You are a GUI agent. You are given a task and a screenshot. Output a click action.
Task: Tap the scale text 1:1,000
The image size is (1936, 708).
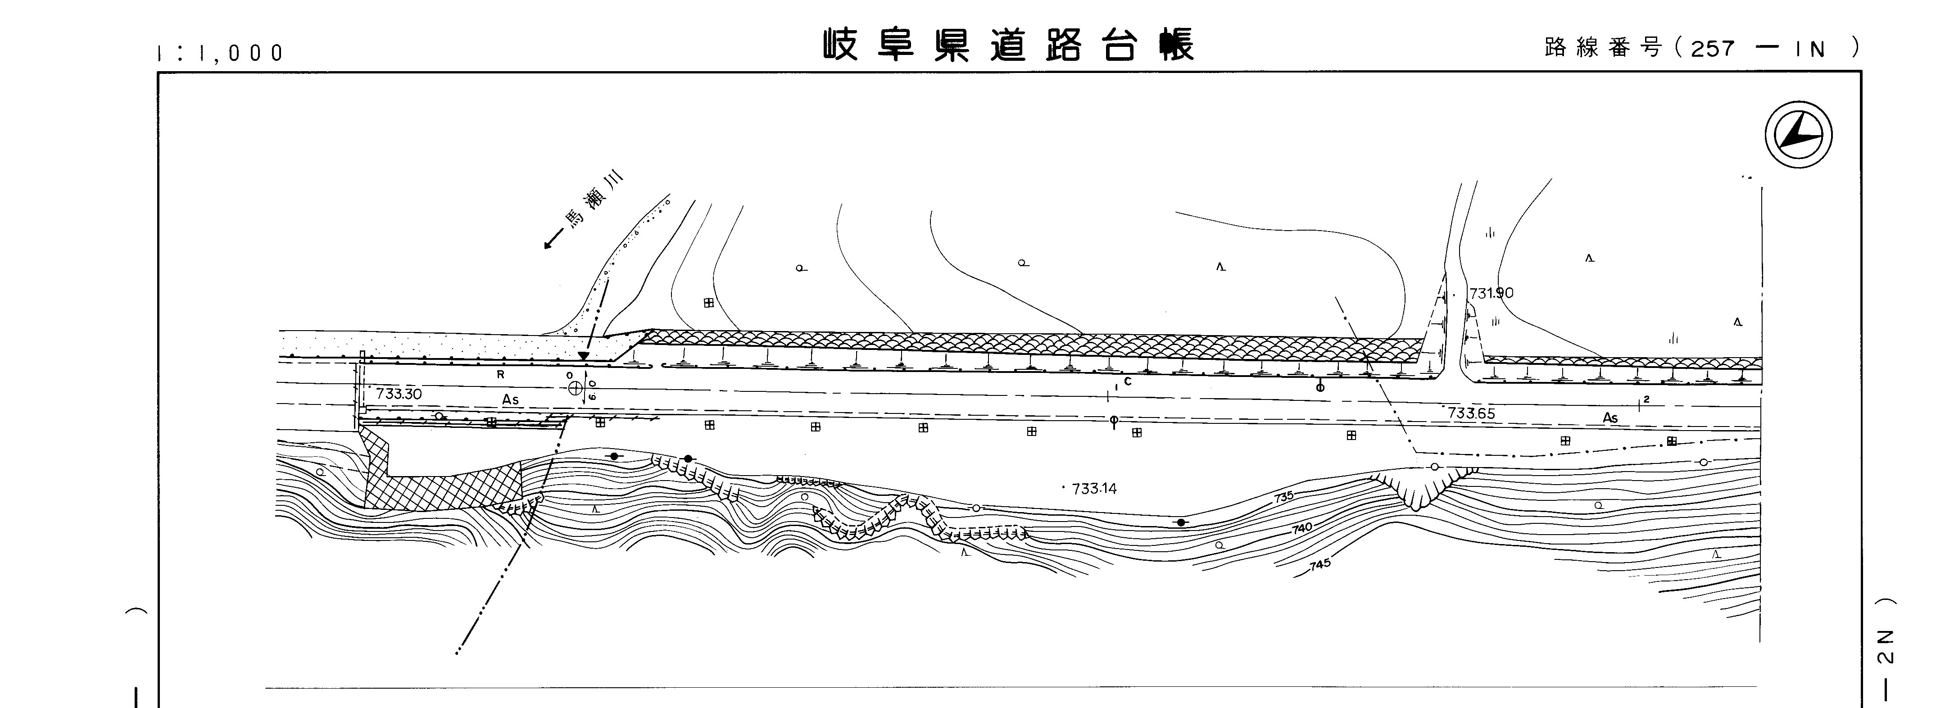(x=220, y=53)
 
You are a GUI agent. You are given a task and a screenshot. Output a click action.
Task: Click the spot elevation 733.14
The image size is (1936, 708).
(x=1094, y=489)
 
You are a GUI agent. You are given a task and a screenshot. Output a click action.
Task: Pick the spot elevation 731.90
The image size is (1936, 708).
(x=1491, y=293)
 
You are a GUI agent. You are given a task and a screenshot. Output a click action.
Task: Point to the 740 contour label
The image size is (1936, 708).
(x=1302, y=528)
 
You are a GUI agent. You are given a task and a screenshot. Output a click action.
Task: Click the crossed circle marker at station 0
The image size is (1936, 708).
(x=576, y=388)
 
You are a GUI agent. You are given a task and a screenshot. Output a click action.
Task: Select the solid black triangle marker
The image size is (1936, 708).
(x=583, y=355)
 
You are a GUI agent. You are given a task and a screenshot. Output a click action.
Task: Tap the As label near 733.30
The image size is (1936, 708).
(x=510, y=400)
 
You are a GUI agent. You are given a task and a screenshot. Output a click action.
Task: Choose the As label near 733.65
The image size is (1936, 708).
(x=1610, y=418)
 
